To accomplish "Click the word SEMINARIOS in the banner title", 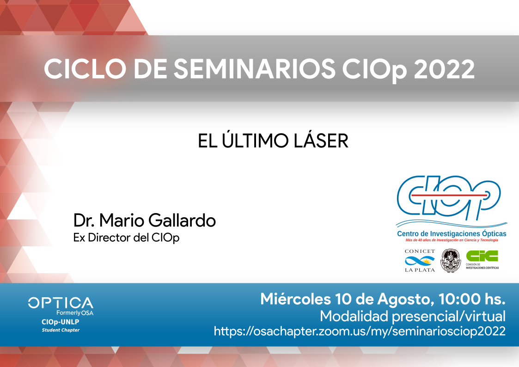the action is tap(255, 69).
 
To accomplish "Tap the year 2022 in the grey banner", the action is tap(444, 69).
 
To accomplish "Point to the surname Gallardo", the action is tap(182, 220).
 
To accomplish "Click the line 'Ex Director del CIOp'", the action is tap(127, 238).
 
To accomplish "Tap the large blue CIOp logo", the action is tap(449, 197).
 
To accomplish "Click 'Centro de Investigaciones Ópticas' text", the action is tap(452, 233).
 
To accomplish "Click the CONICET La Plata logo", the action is tap(420, 261).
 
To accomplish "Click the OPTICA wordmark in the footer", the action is tap(61, 303).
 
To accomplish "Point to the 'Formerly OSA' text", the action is tap(75, 313).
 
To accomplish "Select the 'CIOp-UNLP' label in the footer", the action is tap(60, 322).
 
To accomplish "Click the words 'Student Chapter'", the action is tap(61, 330).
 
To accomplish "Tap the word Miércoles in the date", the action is tap(295, 299).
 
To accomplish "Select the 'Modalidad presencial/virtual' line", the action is tap(412, 316).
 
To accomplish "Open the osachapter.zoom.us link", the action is tap(360, 331).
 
